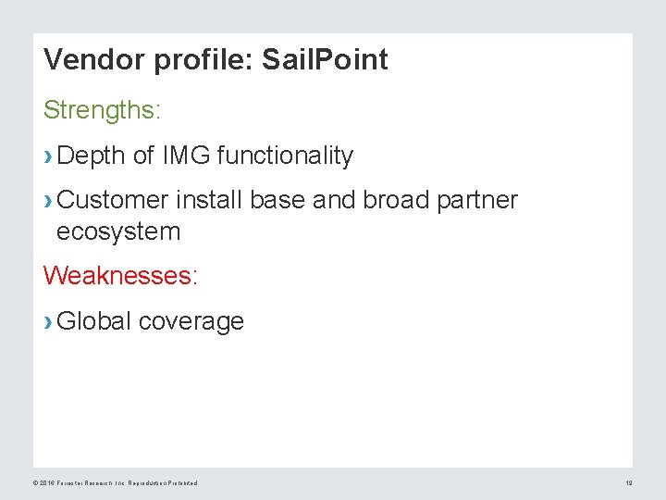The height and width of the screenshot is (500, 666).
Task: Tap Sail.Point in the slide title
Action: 326,60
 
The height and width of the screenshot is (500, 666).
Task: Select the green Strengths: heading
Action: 102,110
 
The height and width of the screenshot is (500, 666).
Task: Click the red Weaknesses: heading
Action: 120,275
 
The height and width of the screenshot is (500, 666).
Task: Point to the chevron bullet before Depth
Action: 48,156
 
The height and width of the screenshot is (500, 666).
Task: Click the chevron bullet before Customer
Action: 48,200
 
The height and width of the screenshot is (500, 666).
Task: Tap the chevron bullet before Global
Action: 48,321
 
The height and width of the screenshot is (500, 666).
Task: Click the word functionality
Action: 285,156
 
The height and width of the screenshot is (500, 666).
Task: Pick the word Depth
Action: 91,156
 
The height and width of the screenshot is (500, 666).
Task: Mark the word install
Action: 204,199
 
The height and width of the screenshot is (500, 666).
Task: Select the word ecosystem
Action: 118,231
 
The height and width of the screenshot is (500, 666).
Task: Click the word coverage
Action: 191,321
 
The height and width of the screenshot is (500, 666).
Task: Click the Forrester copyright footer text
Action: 116,482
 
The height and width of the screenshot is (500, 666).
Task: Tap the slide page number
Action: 628,482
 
